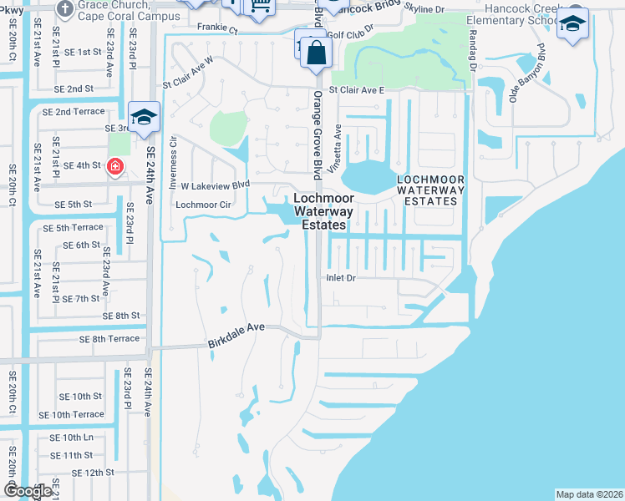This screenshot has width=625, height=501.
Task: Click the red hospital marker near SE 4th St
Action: [x=114, y=167]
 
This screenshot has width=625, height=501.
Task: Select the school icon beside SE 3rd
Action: [x=144, y=118]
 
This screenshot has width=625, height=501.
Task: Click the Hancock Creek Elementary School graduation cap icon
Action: [x=572, y=23]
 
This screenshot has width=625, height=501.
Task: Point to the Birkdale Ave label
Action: [x=236, y=328]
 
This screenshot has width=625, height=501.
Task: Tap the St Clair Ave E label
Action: [x=357, y=90]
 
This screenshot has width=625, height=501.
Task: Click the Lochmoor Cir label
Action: [x=203, y=204]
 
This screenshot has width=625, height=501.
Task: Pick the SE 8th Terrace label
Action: [x=109, y=339]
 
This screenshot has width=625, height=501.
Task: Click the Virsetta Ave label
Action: [x=338, y=144]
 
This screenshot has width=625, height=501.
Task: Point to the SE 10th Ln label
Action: [x=71, y=438]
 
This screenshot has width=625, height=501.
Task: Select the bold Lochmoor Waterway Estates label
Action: [x=323, y=212]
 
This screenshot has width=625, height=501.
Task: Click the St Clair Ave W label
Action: [x=188, y=83]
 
